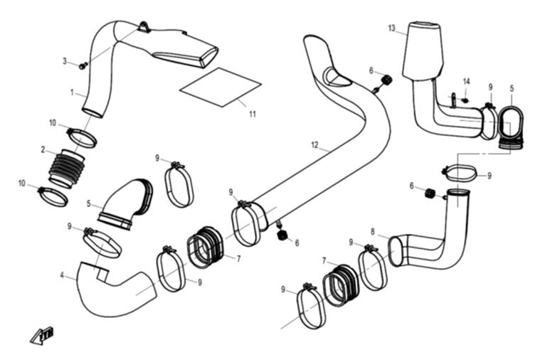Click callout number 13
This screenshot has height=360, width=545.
tap(392, 28)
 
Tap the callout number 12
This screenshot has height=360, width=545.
tap(314, 145)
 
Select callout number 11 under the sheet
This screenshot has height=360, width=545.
tap(253, 114)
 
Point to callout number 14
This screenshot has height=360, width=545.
tap(467, 81)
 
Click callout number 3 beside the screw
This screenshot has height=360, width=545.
tap(65, 61)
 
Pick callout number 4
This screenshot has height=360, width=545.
tap(63, 275)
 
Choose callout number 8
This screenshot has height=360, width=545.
tap(372, 231)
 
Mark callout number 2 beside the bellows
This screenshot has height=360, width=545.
tap(43, 149)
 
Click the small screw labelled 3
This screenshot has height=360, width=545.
tap(83, 65)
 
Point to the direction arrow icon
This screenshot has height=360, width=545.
tap(42, 334)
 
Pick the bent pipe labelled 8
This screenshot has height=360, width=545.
tap(434, 245)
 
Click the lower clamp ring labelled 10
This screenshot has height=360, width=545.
tap(53, 195)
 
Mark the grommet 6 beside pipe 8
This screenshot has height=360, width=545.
tap(430, 194)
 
